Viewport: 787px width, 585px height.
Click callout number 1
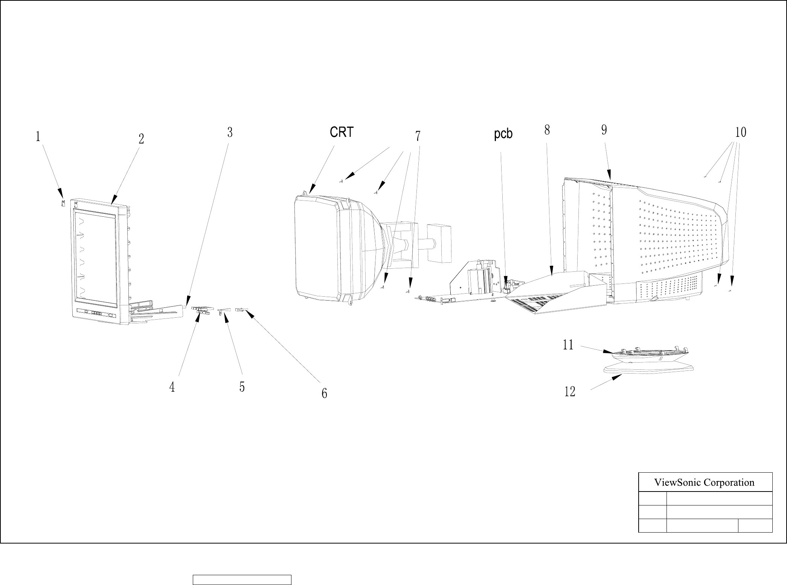[x=38, y=136]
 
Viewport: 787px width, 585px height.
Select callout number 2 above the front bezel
[x=141, y=139]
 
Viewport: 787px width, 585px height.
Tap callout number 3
[x=230, y=132]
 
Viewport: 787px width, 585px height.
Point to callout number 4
[x=172, y=387]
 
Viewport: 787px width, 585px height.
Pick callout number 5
[x=242, y=387]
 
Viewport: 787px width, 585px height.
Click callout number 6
[x=324, y=394]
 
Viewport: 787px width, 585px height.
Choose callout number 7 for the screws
[x=418, y=136]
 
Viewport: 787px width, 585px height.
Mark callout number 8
[x=547, y=130]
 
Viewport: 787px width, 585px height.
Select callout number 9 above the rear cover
[x=604, y=130]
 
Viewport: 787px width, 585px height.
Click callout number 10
[x=741, y=132]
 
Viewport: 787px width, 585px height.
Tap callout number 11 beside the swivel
[x=568, y=345]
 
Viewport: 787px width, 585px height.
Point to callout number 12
[x=570, y=392]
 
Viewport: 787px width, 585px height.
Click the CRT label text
[x=342, y=132]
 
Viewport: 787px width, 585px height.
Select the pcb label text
[x=503, y=134]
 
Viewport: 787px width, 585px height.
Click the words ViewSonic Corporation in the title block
[x=704, y=482]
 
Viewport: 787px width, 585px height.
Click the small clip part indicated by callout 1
[x=63, y=204]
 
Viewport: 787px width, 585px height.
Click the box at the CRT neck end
[x=440, y=243]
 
